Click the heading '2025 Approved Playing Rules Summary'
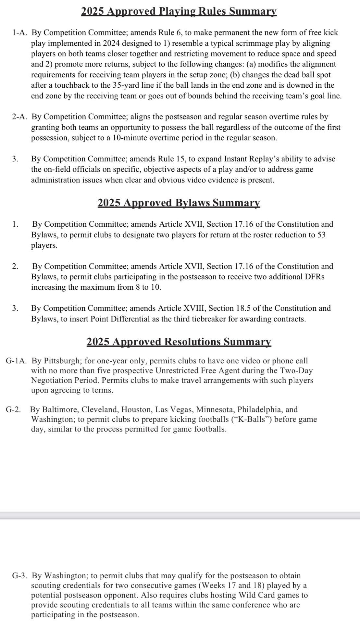(179, 11)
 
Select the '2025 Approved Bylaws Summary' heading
(179, 203)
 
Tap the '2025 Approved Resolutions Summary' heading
(179, 342)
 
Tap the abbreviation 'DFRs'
(313, 277)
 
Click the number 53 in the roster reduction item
(321, 235)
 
